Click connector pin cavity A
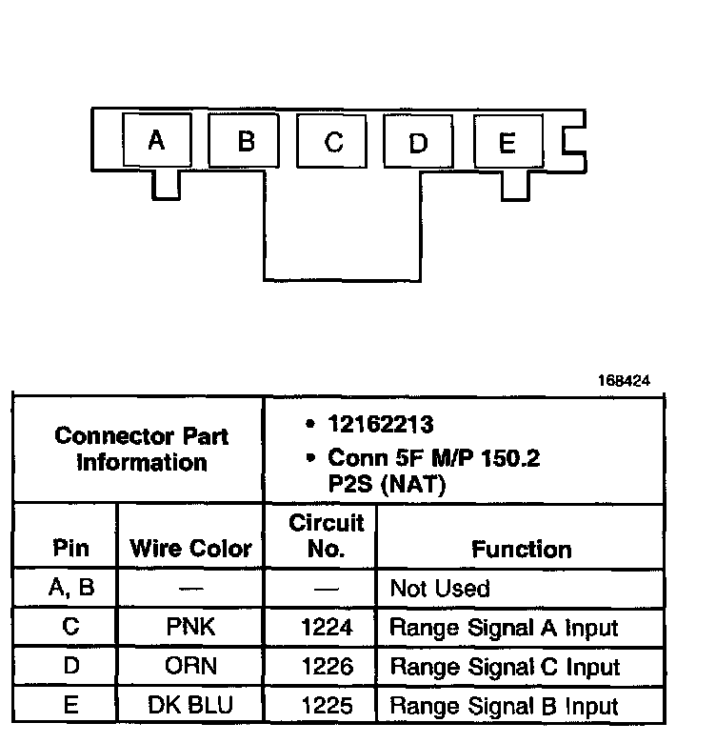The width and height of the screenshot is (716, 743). [158, 141]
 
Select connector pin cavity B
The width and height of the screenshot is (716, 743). [245, 142]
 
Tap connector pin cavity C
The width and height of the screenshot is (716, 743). [332, 142]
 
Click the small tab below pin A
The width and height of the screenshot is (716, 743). [166, 184]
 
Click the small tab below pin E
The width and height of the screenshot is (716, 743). [515, 184]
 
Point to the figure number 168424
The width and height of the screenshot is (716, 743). [624, 380]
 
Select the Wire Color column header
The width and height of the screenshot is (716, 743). [190, 549]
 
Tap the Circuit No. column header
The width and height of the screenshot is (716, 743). [327, 535]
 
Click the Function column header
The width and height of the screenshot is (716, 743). [522, 549]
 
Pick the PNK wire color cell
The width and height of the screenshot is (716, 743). [190, 628]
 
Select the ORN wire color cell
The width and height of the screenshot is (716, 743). [190, 667]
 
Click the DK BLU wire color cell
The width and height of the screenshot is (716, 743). [190, 706]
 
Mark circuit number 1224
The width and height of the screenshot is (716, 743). [327, 628]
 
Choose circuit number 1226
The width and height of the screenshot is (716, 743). [327, 667]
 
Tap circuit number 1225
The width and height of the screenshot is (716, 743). [327, 706]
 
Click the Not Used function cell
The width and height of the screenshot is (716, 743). [440, 589]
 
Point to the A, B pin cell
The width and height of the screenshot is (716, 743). [70, 588]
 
